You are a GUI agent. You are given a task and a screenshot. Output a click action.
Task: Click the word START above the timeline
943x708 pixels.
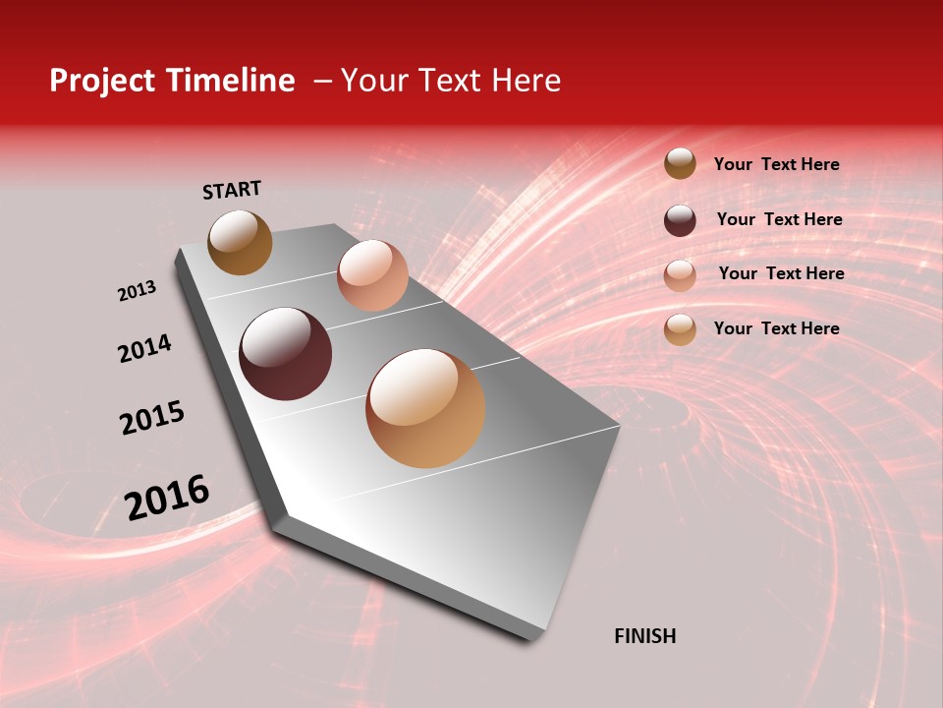232,190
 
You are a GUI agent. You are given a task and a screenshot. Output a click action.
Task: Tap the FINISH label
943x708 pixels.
645,636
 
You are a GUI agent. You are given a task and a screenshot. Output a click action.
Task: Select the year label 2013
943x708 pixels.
137,291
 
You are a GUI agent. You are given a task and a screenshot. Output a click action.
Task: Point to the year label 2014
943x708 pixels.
144,348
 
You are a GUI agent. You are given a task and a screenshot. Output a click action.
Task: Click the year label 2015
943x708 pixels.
152,418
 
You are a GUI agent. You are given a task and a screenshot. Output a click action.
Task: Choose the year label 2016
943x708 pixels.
167,497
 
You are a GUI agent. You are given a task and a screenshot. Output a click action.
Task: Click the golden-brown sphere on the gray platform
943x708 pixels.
240,242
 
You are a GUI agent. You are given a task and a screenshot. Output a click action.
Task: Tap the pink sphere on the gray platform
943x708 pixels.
372,275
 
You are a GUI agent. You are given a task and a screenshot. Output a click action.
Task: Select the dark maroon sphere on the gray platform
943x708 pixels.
285,354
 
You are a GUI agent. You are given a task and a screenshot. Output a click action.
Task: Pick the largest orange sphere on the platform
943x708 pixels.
425,408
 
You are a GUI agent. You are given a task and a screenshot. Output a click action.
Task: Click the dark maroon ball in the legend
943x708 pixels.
680,220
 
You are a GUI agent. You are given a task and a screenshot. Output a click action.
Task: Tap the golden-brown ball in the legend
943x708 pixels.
680,164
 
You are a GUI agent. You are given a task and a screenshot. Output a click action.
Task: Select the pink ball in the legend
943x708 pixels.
680,275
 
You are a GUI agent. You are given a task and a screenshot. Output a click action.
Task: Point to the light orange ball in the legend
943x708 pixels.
680,329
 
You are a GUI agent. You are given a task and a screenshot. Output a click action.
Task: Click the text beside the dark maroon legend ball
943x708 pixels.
779,219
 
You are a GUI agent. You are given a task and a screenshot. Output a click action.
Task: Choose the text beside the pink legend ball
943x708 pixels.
781,273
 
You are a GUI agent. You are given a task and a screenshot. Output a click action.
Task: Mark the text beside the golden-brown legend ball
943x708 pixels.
776,164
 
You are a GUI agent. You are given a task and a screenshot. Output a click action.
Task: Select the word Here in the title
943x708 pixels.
526,81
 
